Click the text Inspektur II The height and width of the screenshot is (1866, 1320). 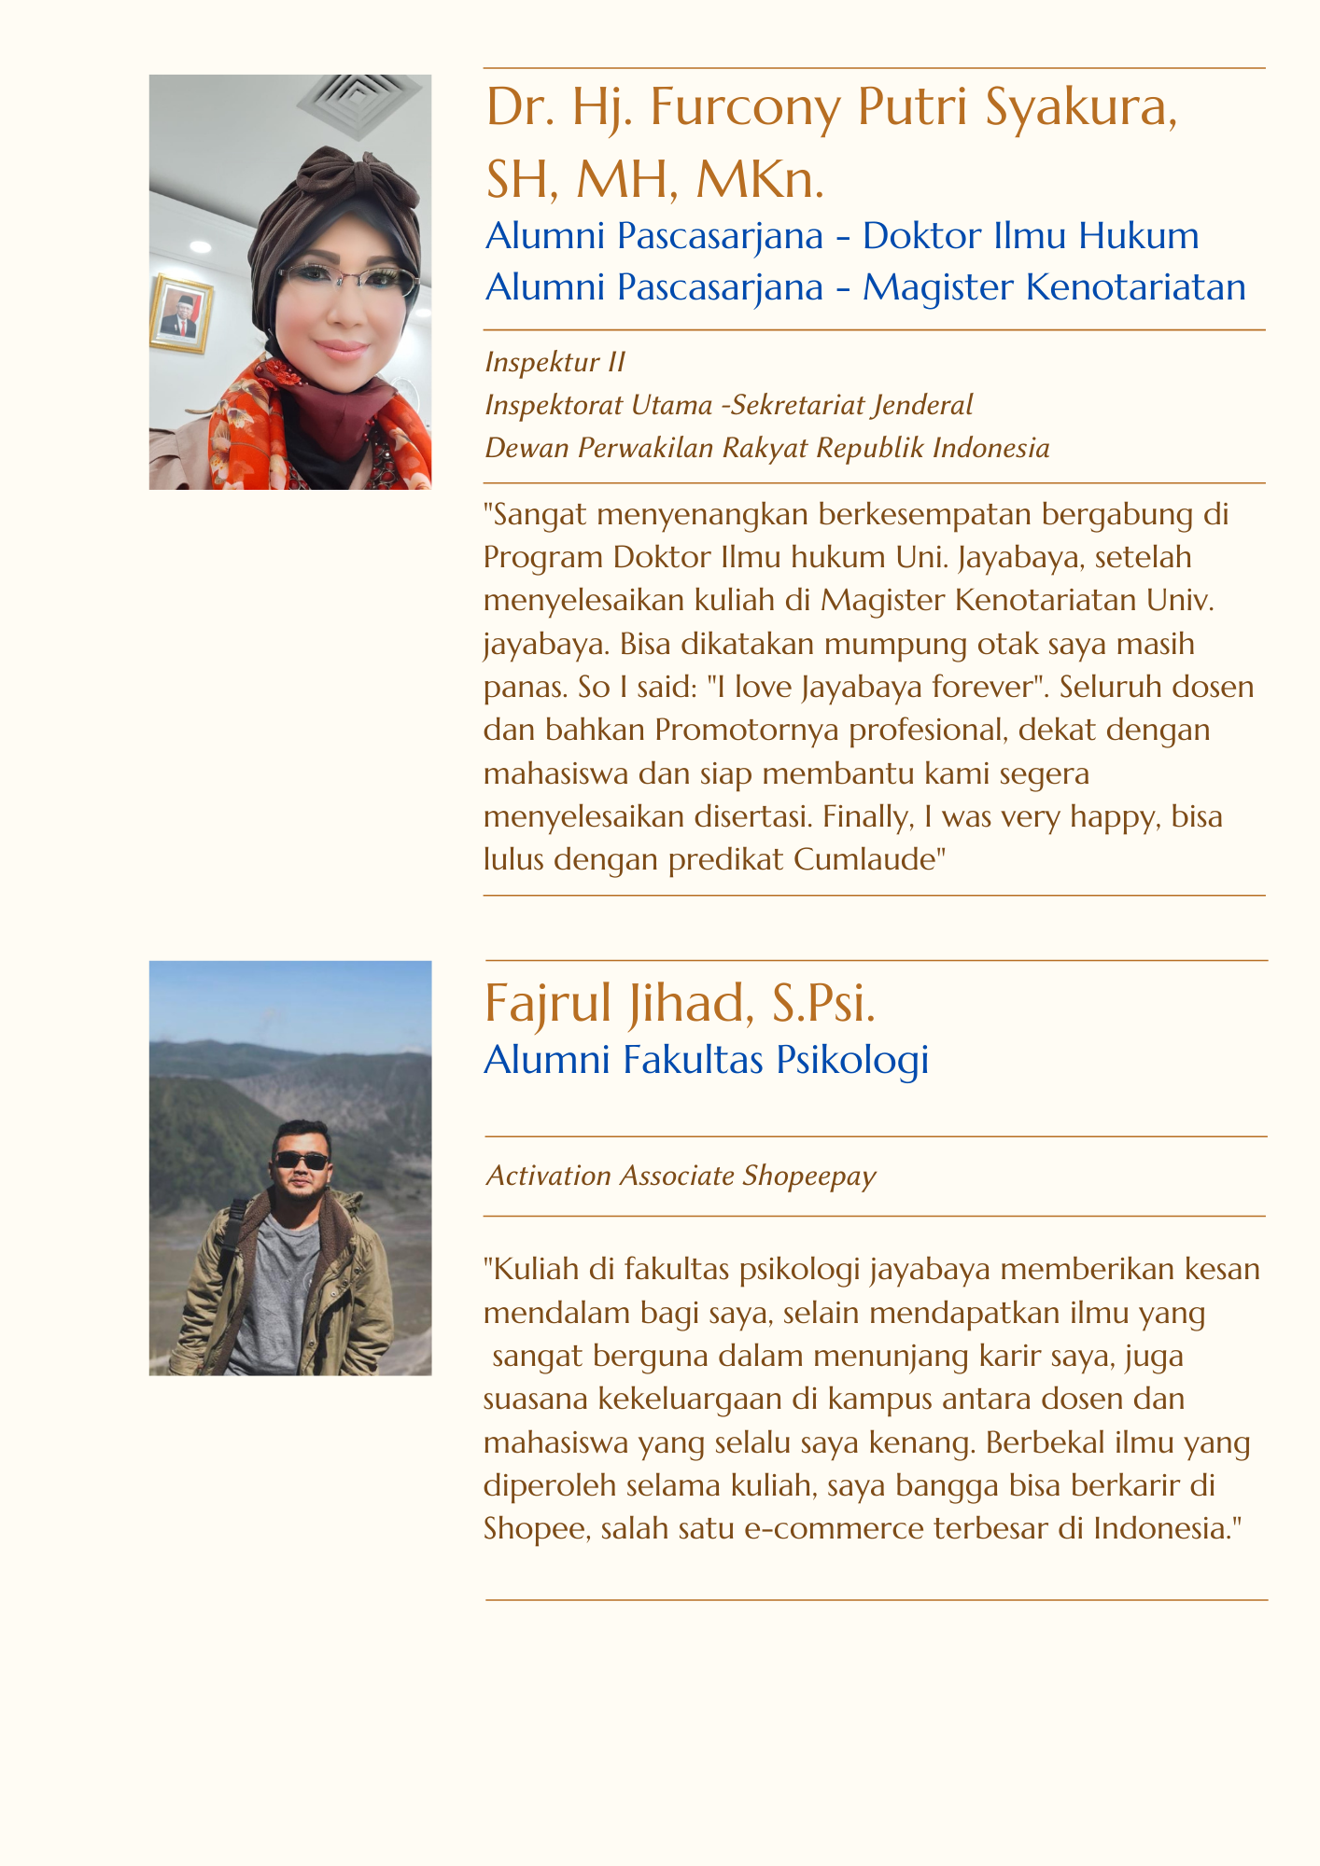pos(555,363)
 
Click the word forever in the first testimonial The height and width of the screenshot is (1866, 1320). pos(981,688)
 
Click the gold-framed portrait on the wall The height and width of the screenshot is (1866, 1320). pos(181,314)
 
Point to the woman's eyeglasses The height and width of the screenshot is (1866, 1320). pos(346,279)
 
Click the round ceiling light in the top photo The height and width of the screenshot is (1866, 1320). pos(201,245)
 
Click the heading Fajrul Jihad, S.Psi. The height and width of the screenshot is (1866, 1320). pos(680,1004)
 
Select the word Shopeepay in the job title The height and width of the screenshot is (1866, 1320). pos(809,1177)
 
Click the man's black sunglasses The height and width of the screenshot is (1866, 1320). pos(301,1162)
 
